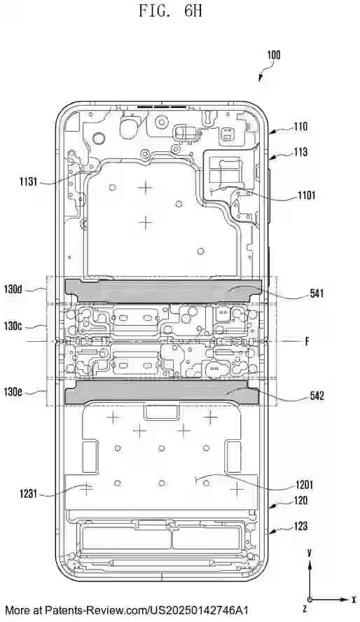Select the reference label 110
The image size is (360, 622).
coord(300,127)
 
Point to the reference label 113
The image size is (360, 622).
coord(300,151)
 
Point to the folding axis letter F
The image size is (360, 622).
coord(306,342)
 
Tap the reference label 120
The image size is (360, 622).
coord(300,502)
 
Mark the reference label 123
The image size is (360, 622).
coord(300,526)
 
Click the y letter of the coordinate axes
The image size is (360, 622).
coord(309,553)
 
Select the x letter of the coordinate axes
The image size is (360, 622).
coord(354,600)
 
